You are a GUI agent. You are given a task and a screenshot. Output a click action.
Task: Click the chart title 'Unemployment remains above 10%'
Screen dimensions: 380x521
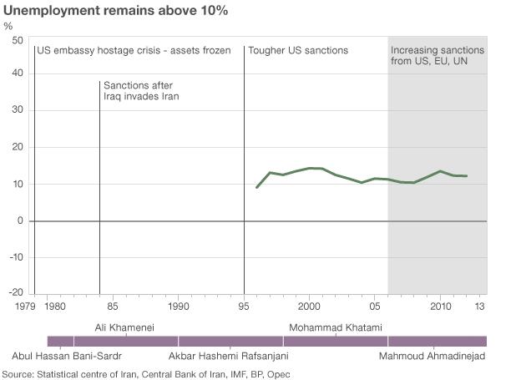[116, 11]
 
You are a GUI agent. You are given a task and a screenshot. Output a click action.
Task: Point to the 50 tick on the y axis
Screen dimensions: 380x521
[18, 39]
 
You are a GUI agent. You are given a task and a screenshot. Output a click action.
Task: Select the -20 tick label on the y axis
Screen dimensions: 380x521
[14, 293]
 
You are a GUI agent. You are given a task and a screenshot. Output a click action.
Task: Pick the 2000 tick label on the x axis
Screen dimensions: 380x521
[309, 307]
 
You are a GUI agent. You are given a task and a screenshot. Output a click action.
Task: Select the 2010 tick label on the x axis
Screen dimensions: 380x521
[440, 307]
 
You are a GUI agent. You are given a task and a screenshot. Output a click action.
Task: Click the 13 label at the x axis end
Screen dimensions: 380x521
[481, 307]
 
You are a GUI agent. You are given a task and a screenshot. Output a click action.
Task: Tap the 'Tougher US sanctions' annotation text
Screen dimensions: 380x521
[298, 51]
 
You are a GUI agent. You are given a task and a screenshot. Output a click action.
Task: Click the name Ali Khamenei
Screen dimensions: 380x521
[124, 327]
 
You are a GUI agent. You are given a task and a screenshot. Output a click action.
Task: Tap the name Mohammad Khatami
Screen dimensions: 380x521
[335, 327]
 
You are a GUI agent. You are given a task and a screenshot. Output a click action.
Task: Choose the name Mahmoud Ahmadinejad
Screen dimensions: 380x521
[432, 357]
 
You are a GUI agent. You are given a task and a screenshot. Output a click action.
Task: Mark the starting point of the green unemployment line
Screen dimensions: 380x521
[256, 187]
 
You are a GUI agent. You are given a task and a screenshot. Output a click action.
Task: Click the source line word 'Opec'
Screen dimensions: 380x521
[279, 373]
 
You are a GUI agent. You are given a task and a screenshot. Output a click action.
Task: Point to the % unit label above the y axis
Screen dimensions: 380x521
[8, 26]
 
